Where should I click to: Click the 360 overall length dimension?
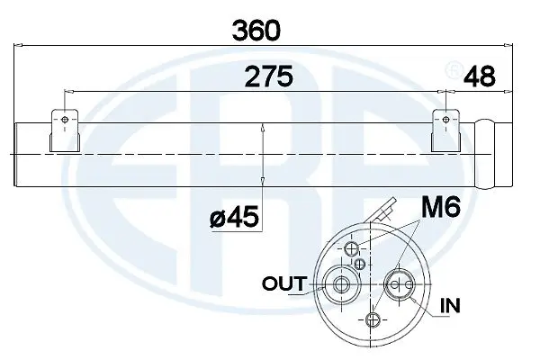256,30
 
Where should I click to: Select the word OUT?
283,284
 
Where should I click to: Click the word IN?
450,307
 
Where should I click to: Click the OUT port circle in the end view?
342,285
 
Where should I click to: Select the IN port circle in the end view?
397,285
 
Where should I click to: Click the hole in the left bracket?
63,119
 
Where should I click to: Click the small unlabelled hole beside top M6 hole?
362,263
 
